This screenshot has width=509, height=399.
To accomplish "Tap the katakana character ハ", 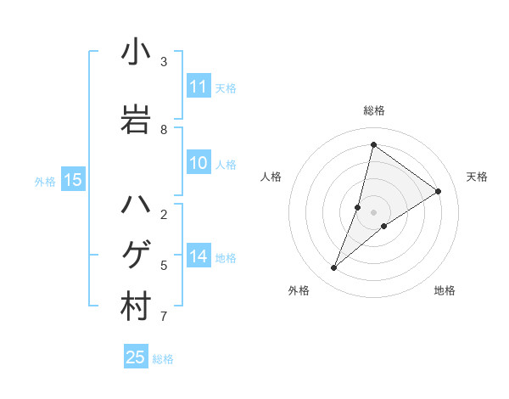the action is tap(136, 205).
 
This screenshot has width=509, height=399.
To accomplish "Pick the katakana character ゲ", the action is tap(136, 255).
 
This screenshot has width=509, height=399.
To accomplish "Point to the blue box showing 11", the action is tap(199, 87).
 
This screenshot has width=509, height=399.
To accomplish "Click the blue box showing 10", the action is tap(199, 164).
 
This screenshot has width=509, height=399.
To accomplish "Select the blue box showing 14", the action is tap(199, 257).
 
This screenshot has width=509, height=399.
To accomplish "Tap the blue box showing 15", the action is tap(72, 180).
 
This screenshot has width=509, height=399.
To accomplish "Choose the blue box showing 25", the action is tap(136, 357).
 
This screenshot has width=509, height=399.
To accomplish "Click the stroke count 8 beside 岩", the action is tap(164, 130).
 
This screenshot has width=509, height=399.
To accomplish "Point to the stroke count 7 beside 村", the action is tap(164, 317).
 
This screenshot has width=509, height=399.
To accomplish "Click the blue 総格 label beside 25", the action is tap(163, 359).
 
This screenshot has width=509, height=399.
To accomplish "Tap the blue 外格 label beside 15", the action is tap(44, 181).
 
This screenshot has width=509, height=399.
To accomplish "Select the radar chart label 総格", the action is tap(374, 110).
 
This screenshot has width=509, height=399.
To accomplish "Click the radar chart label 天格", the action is tap(477, 177).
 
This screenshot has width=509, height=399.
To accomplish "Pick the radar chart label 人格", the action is tap(271, 177).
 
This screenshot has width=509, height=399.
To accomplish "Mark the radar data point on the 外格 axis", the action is tap(334, 268).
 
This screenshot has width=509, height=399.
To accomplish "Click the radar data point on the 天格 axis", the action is tap(439, 191).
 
